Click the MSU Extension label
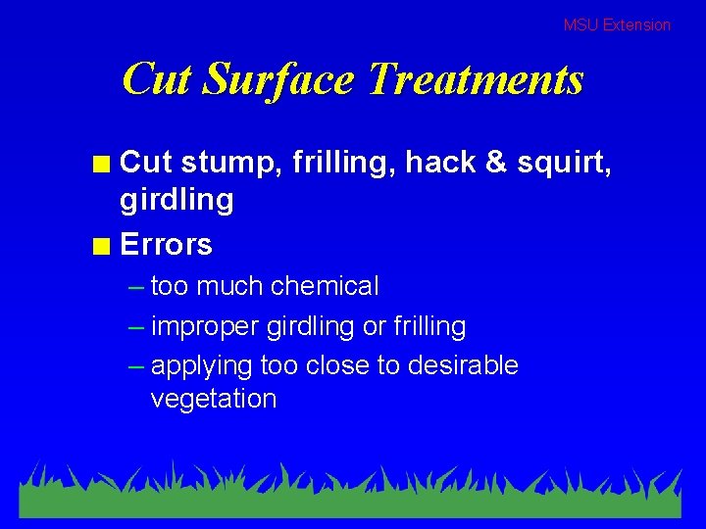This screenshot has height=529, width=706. point(617,25)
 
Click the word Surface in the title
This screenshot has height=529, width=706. point(277,79)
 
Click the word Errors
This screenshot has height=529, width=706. point(166,244)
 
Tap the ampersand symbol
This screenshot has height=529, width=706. point(495,162)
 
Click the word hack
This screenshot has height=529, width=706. point(440,162)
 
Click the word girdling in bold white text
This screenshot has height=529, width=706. point(176,202)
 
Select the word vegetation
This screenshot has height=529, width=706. point(214,399)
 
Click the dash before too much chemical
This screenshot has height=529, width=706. point(136,287)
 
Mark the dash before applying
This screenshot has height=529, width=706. point(136,366)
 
